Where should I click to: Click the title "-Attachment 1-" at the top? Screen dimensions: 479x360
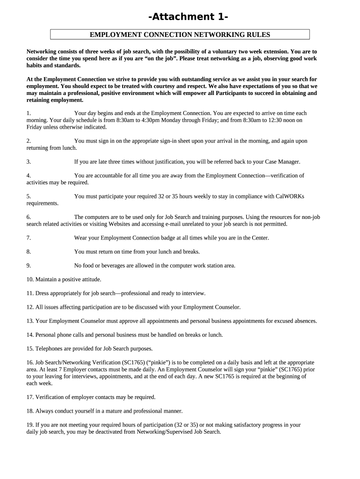point(188,17)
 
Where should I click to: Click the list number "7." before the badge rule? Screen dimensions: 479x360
point(29,238)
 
